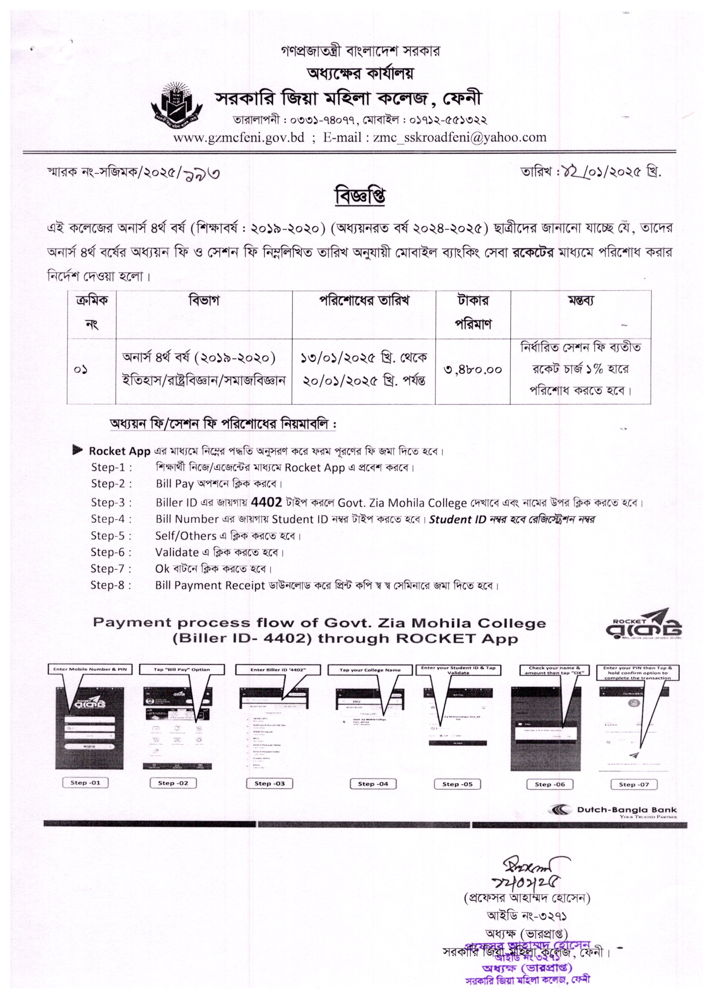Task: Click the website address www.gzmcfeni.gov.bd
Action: point(239,137)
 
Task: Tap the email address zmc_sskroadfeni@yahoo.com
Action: point(460,137)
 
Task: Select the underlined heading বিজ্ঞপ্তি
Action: point(360,197)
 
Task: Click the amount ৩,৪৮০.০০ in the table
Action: point(472,369)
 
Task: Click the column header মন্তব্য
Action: point(580,301)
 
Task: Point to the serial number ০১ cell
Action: point(81,369)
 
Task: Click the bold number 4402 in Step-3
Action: point(266,502)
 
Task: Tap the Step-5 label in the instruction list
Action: point(111,536)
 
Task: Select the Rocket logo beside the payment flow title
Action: point(643,625)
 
